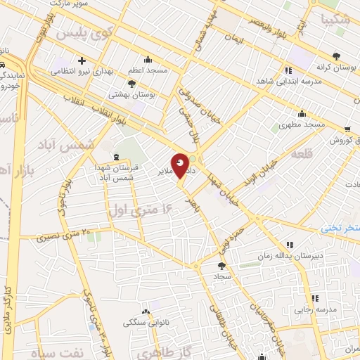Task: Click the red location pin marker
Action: (180, 166)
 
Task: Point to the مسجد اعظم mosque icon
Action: (147, 60)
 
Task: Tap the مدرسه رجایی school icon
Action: (315, 298)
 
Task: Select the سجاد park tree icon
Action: (222, 266)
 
